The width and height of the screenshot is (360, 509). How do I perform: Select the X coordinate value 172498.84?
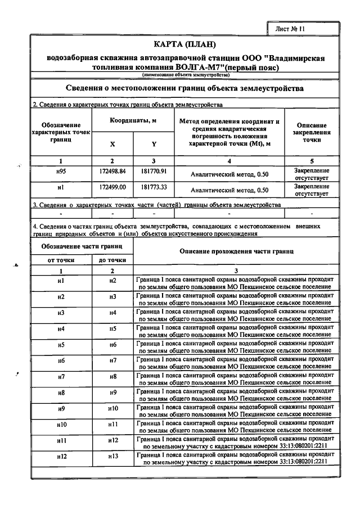[x=112, y=170]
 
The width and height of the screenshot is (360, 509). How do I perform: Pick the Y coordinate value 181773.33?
[x=154, y=186]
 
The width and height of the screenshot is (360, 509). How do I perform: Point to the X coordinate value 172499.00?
[x=112, y=186]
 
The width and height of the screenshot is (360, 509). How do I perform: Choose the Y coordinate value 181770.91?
[x=154, y=170]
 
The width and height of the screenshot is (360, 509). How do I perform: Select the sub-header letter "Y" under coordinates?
[x=154, y=144]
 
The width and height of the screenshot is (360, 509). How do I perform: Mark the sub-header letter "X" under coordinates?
[x=112, y=144]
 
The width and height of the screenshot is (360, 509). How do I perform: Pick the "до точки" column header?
[x=112, y=260]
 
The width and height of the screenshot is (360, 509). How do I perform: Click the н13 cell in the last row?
[x=112, y=457]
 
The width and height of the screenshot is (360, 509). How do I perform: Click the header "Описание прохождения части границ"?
[x=236, y=251]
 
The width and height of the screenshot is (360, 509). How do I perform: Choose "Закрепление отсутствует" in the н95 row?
[x=311, y=174]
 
